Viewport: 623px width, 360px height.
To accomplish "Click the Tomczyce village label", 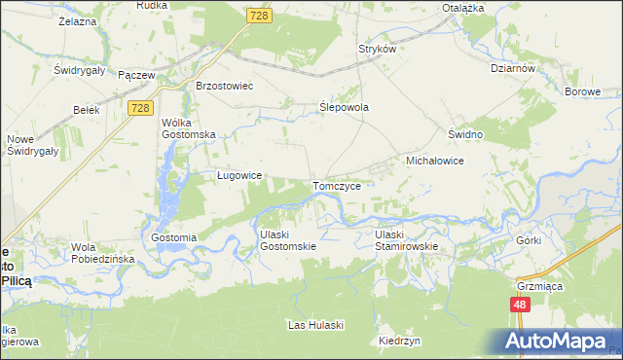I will [338, 185].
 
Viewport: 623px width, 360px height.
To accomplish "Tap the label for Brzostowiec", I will [225, 86].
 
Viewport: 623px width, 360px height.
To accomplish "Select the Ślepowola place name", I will [345, 108].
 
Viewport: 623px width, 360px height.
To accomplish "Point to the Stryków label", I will [378, 49].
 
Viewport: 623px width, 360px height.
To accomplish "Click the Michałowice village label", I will [433, 160].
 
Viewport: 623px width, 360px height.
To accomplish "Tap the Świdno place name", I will [465, 132].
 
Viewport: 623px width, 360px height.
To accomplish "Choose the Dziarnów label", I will [515, 69].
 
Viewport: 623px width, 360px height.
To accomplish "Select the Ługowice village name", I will [238, 175].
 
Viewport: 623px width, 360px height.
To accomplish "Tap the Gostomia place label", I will [174, 237].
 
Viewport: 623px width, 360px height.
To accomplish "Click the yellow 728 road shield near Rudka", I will [258, 17].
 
